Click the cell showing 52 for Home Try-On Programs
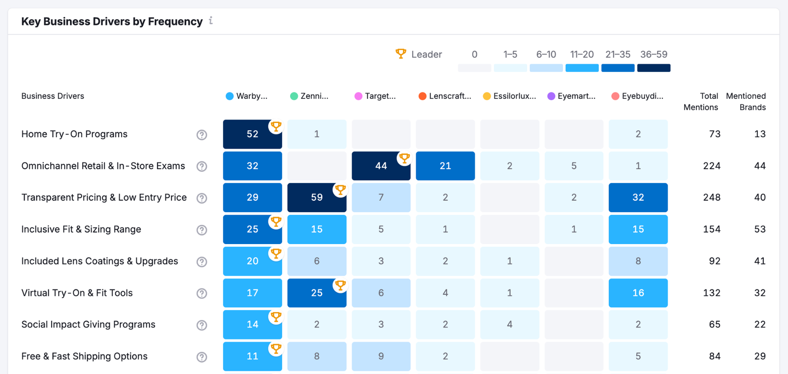pos(252,134)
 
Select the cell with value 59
pos(317,197)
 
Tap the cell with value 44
pos(381,166)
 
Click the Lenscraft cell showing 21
pos(445,166)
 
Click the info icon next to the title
pos(211,21)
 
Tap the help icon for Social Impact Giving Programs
pos(201,325)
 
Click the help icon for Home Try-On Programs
pos(201,135)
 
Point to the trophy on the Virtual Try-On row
pos(340,285)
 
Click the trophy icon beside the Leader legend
pos(401,54)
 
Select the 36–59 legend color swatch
pos(654,68)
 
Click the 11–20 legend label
pos(582,54)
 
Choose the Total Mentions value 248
pos(711,197)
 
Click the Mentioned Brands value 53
pos(759,229)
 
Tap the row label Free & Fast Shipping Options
pos(84,356)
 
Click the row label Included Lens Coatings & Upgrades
pos(99,261)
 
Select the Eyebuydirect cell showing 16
pos(638,293)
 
